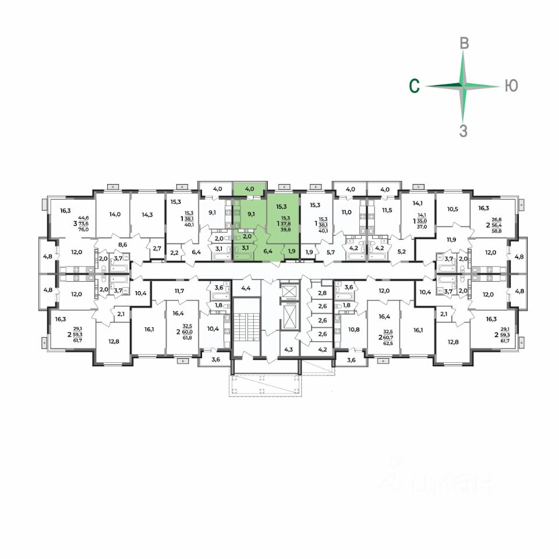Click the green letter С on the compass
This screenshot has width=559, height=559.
tap(414, 86)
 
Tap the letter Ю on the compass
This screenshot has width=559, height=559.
tap(511, 86)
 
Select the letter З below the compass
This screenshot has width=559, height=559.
tap(464, 131)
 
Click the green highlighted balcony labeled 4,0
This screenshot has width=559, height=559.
tap(249, 189)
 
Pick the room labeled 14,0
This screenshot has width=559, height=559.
tap(115, 214)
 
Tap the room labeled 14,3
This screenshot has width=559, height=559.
tap(148, 214)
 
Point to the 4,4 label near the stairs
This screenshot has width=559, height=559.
tap(245, 288)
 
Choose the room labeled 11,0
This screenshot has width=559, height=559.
tap(347, 213)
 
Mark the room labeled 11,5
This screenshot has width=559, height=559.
tap(387, 210)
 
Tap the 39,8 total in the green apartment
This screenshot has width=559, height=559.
tap(285, 229)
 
